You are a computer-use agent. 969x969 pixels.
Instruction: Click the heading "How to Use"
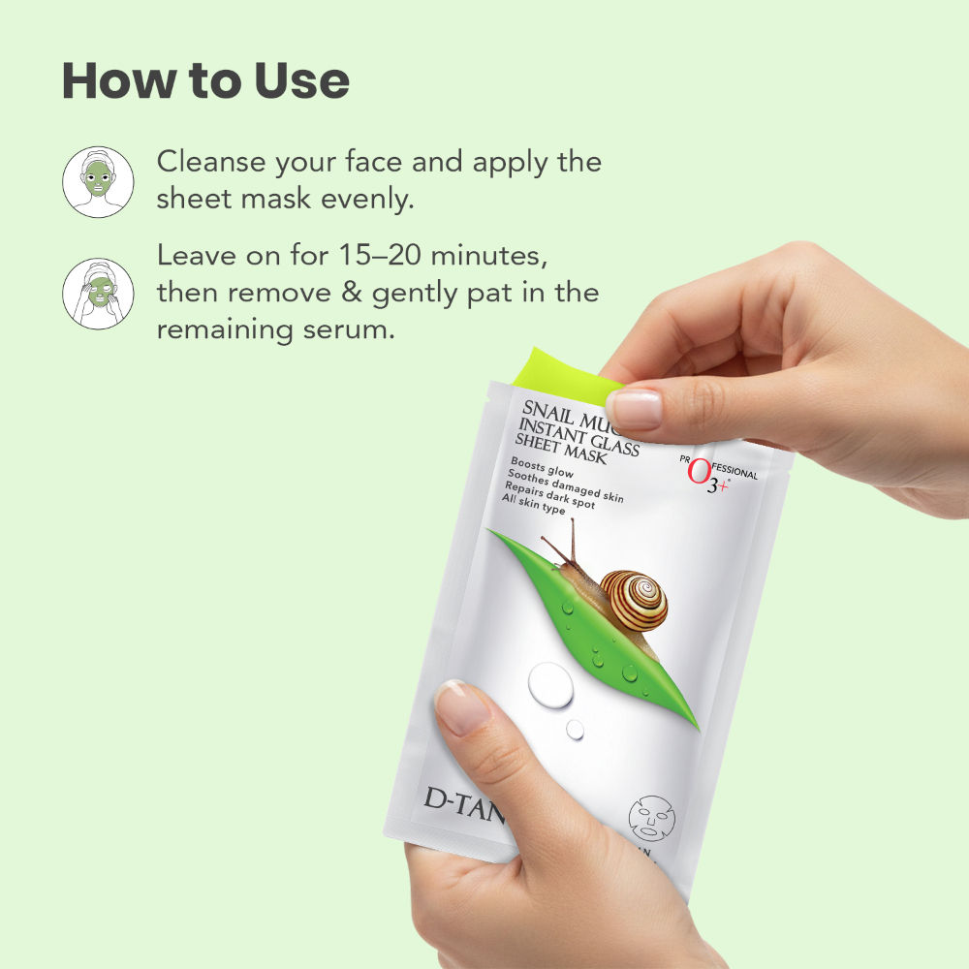click(205, 81)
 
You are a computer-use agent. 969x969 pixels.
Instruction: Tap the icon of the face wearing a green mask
click(98, 181)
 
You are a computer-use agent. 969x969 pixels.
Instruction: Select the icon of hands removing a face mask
click(98, 293)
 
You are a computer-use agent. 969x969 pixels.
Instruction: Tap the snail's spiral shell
click(634, 600)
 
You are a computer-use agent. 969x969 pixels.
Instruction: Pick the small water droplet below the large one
click(576, 729)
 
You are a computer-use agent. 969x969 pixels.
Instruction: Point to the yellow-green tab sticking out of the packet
click(572, 373)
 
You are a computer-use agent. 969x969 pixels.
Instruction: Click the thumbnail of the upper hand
click(636, 407)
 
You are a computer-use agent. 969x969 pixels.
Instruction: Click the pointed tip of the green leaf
click(697, 728)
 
